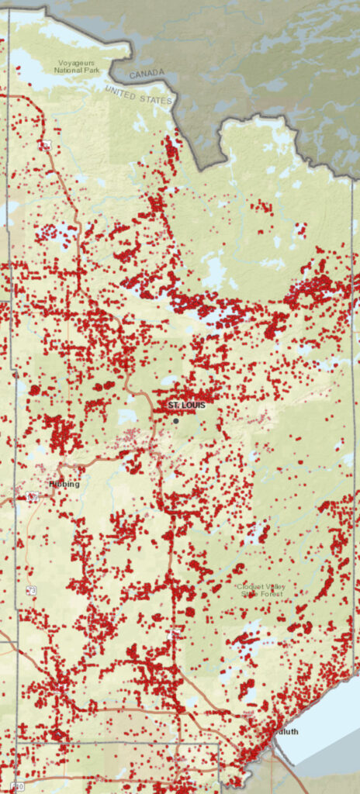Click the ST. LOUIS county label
point(186,406)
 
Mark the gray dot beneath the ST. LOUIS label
point(176,421)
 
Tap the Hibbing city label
point(64,484)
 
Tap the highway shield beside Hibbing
point(33,495)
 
